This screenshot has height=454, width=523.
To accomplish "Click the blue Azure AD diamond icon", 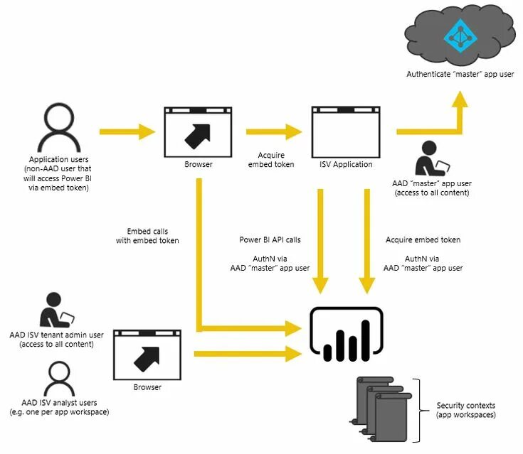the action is pyautogui.click(x=460, y=36).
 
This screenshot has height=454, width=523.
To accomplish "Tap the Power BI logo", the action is pyautogui.click(x=347, y=334).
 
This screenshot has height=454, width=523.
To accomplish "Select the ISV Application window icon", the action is pyautogui.click(x=346, y=132).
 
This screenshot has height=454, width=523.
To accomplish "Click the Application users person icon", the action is pyautogui.click(x=59, y=128).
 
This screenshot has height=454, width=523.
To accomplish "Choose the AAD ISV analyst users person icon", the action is pyautogui.click(x=59, y=379).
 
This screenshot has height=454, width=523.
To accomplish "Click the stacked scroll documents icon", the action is pyautogui.click(x=381, y=409).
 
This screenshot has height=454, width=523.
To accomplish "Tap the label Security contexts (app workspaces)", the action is pyautogui.click(x=465, y=410).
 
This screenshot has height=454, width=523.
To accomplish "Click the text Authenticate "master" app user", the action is pyautogui.click(x=460, y=74).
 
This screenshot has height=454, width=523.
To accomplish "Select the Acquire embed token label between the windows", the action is pyautogui.click(x=271, y=160).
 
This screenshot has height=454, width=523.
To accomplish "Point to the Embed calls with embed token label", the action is pyautogui.click(x=147, y=236).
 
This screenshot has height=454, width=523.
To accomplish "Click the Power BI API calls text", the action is pyautogui.click(x=270, y=240).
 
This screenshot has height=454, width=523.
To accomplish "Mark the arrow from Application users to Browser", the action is pyautogui.click(x=127, y=132).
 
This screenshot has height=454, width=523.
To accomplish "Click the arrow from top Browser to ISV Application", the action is pyautogui.click(x=274, y=132).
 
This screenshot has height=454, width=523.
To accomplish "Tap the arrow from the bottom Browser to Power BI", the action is pyautogui.click(x=248, y=354).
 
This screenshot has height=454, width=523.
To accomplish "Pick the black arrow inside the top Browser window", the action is pyautogui.click(x=198, y=136).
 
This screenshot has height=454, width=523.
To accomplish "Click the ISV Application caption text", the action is pyautogui.click(x=346, y=164).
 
